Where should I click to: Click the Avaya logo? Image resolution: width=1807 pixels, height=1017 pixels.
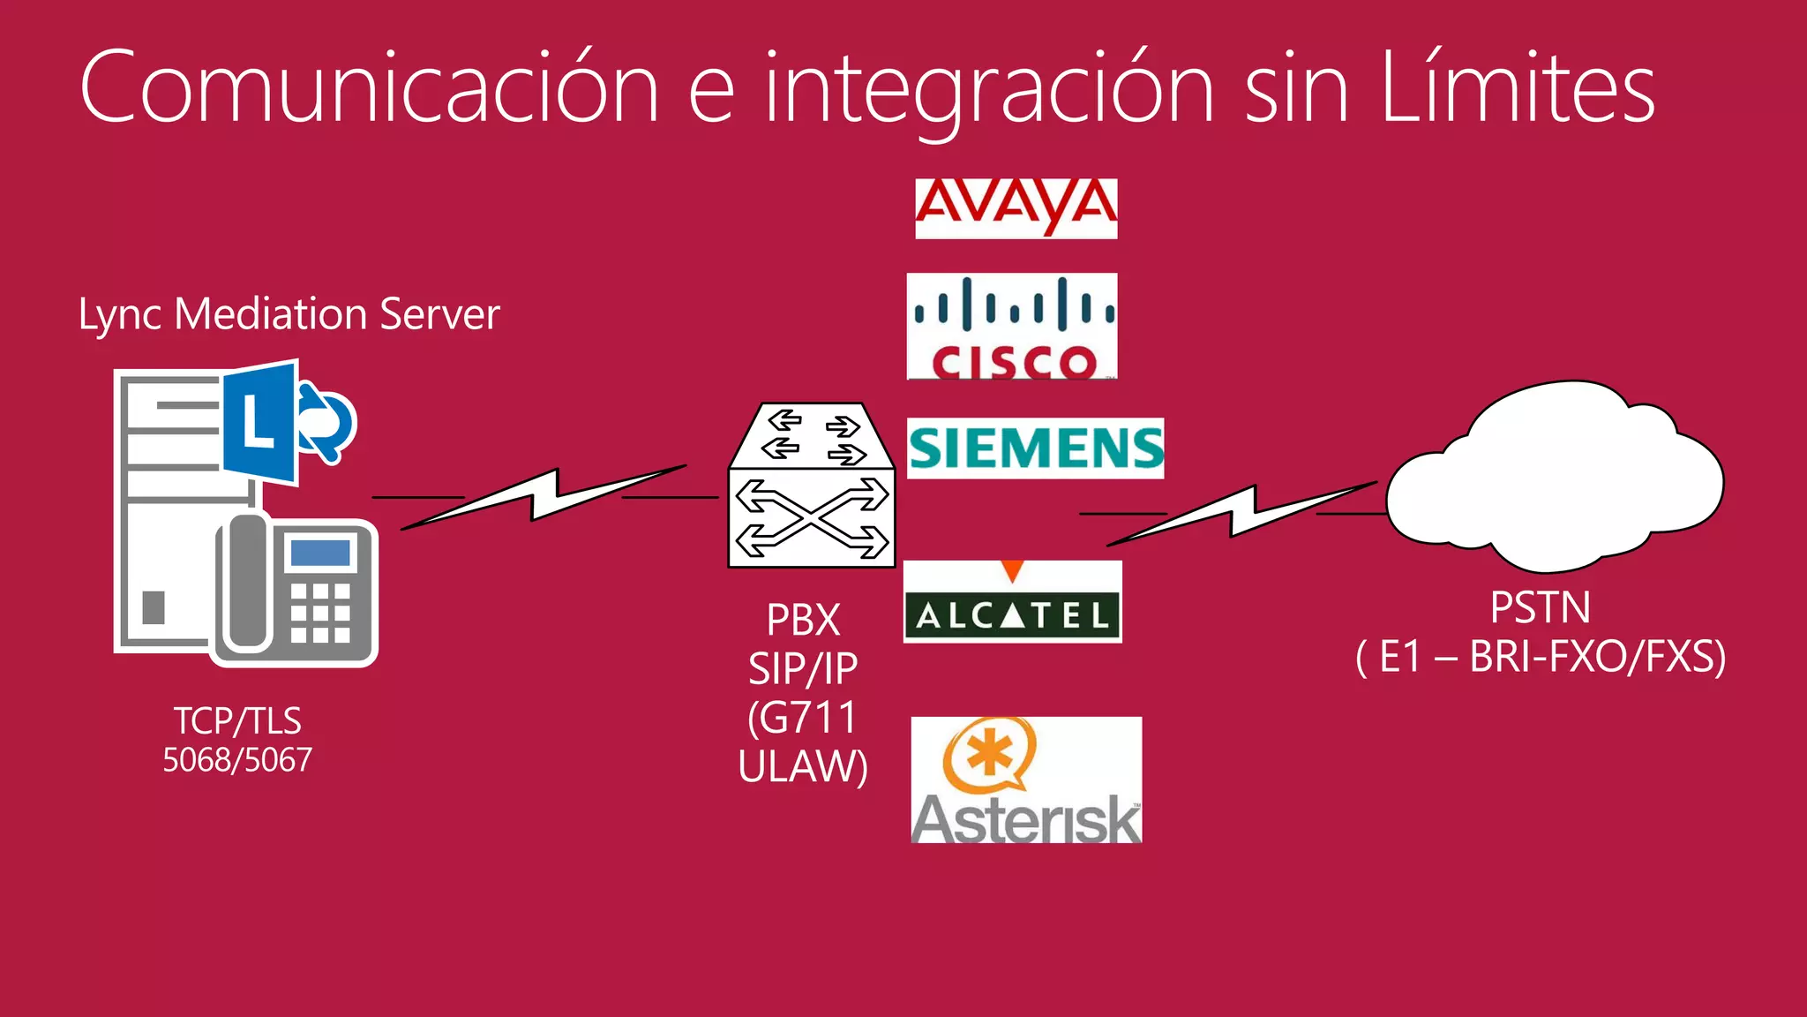point(1016,208)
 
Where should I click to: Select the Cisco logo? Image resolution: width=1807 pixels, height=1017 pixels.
point(1012,327)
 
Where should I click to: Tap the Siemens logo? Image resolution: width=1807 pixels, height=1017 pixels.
point(1035,448)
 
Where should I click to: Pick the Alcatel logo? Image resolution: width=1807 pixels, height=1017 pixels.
point(1013,604)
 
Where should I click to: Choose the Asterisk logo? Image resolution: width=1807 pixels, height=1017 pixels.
point(1026,780)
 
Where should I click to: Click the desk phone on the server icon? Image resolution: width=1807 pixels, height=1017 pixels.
point(296,590)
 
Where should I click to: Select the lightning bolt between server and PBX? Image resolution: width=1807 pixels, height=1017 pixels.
point(543,497)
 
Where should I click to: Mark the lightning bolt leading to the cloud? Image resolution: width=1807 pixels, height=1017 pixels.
point(1240,513)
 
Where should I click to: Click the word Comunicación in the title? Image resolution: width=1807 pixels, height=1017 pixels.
point(370,88)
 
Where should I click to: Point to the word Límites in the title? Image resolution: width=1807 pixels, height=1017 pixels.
point(1517,88)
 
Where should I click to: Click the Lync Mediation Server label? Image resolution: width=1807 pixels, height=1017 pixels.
point(289,314)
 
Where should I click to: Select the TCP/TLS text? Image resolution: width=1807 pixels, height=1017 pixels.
point(237,721)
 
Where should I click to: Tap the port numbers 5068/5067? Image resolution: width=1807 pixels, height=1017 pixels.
point(237,760)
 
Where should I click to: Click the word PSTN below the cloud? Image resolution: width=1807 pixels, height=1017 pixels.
point(1540,607)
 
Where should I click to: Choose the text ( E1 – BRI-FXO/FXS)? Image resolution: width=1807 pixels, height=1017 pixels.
point(1540,657)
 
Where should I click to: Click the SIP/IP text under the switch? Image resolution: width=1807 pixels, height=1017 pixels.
point(803,669)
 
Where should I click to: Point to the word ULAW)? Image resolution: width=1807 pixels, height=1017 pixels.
point(803,766)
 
